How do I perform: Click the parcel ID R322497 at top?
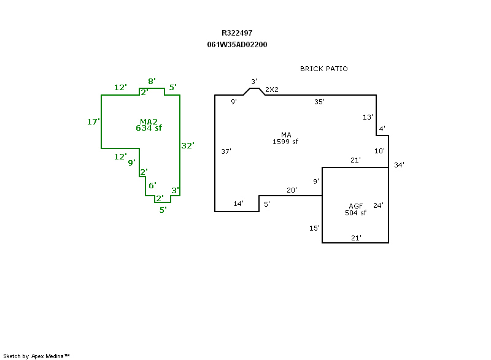click(x=237, y=33)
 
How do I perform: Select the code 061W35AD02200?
click(x=237, y=45)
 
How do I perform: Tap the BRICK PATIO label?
click(x=323, y=69)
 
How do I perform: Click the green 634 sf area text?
click(x=149, y=128)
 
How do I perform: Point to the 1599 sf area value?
click(x=285, y=142)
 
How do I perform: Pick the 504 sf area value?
click(x=355, y=213)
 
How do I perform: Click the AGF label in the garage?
click(x=355, y=206)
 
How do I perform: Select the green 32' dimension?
click(x=187, y=146)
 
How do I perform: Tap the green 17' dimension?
click(x=93, y=122)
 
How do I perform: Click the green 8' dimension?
click(x=152, y=81)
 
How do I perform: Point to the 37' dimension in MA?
click(x=226, y=151)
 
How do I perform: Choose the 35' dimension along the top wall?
click(x=319, y=102)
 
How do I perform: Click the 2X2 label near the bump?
click(x=272, y=90)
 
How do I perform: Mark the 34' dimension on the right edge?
click(x=399, y=164)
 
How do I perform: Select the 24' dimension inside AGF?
click(x=378, y=205)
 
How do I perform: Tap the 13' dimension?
click(x=368, y=117)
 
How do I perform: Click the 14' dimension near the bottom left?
click(x=238, y=204)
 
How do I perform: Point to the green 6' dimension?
click(x=152, y=185)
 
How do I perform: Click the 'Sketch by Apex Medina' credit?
click(x=36, y=356)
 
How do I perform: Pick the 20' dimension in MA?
click(x=292, y=190)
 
